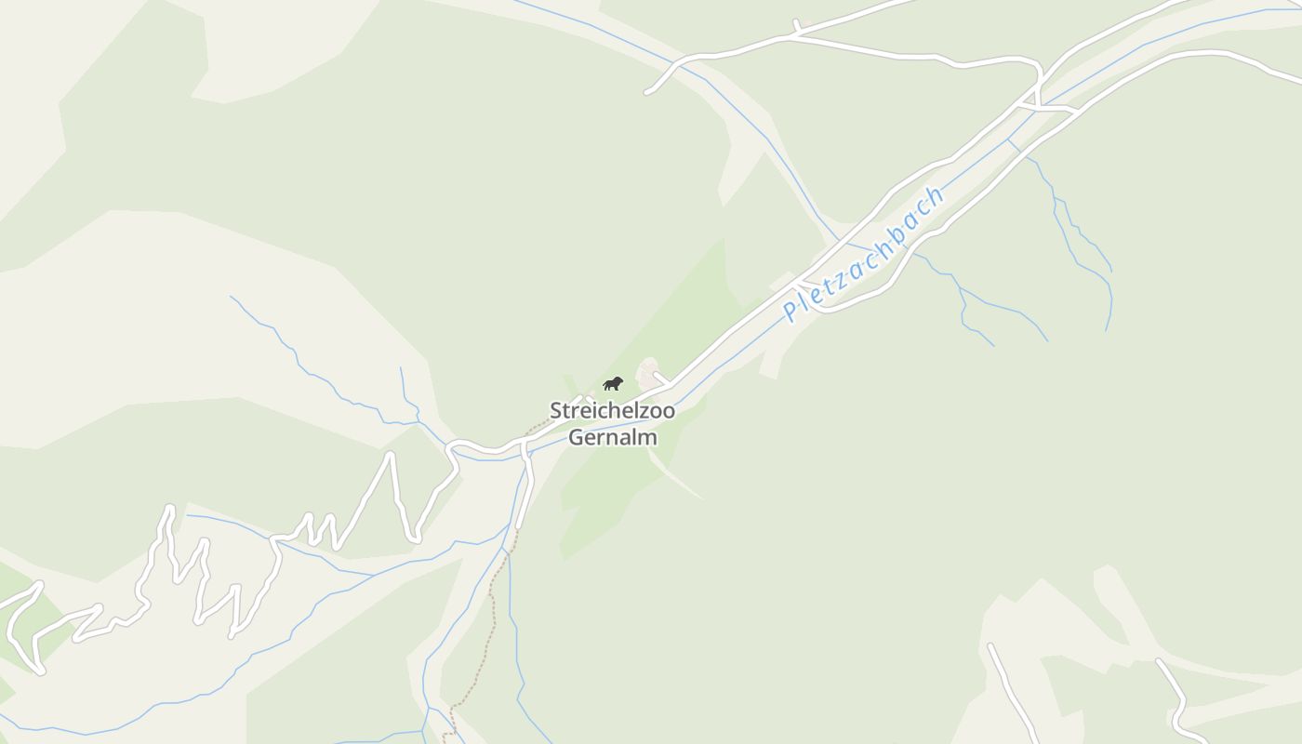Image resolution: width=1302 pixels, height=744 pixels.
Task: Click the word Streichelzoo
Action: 612,410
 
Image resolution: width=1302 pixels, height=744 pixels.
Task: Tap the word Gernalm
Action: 612,437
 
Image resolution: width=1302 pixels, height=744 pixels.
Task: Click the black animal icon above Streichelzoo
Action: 612,383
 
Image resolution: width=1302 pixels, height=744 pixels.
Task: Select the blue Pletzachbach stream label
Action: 863,253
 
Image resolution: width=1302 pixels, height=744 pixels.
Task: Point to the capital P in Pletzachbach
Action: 791,312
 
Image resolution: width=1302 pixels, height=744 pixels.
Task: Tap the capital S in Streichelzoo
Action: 556,410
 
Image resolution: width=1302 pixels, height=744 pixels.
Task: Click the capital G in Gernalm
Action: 576,437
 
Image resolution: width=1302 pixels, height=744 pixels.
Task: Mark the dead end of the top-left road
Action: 648,92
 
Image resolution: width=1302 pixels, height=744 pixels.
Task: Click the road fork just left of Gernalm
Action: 524,445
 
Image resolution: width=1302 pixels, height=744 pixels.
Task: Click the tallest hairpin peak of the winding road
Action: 391,455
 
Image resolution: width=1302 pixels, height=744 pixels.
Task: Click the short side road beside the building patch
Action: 663,379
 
